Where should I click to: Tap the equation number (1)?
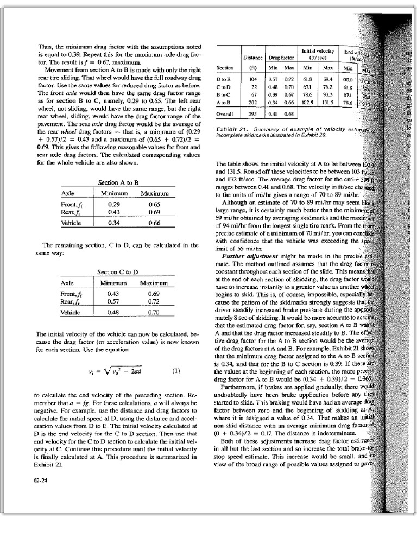coord(175,372)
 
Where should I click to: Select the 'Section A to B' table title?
coord(118,183)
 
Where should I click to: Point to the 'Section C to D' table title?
coord(118,271)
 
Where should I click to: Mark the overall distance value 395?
coord(252,115)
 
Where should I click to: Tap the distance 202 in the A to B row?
coord(252,103)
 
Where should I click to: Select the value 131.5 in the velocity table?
coord(328,103)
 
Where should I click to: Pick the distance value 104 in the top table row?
coord(252,79)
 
